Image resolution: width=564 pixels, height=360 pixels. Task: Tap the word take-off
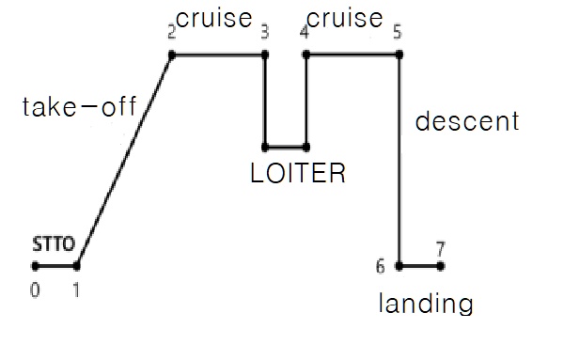[80, 108]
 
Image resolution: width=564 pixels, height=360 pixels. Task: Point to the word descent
[466, 122]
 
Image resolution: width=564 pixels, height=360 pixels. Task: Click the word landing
[424, 304]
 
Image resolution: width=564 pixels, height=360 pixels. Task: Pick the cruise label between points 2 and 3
[214, 19]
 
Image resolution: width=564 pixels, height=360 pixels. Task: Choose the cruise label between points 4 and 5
[345, 19]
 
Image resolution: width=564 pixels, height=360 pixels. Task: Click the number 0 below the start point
[35, 290]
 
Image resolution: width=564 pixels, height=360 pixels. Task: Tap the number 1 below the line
[77, 290]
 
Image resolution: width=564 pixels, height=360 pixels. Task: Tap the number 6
[381, 266]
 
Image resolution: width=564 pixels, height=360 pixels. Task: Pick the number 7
[439, 249]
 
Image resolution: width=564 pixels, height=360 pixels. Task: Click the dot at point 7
[441, 266]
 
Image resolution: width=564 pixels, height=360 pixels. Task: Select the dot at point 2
[172, 55]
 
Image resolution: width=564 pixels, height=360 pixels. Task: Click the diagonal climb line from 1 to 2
[124, 160]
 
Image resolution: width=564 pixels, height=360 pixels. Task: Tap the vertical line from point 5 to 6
[399, 160]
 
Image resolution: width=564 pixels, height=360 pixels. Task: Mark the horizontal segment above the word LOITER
[286, 147]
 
